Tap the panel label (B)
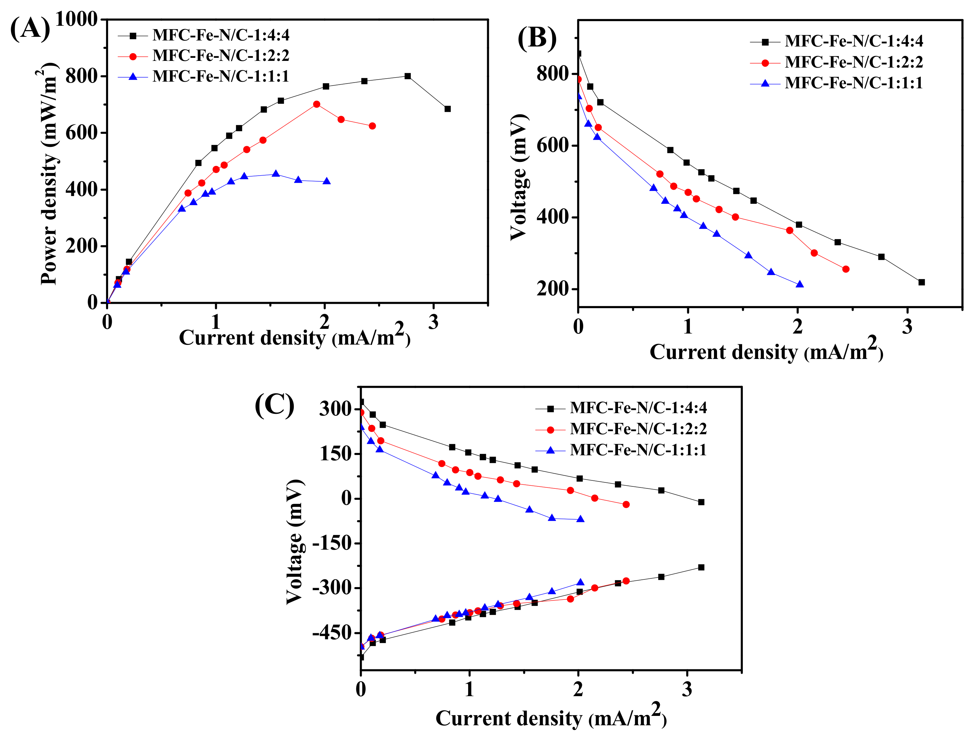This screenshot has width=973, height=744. click(x=536, y=39)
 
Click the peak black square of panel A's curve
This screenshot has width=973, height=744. click(x=408, y=76)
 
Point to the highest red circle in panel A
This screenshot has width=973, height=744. click(x=317, y=104)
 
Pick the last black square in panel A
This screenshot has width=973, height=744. click(x=447, y=109)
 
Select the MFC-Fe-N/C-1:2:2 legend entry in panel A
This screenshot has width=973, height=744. click(x=220, y=56)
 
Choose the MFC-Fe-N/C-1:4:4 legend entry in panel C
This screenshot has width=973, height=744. click(x=638, y=408)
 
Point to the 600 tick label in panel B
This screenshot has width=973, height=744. click(x=551, y=146)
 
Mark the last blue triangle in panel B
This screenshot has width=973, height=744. click(x=799, y=284)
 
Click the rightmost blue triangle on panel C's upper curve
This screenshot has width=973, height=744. click(x=581, y=519)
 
